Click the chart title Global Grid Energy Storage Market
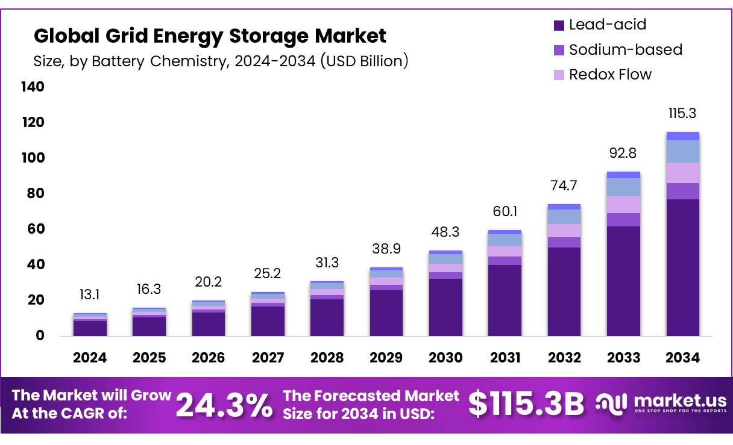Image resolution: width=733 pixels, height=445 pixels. pyautogui.click(x=209, y=36)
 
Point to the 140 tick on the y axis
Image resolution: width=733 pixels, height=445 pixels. pyautogui.click(x=33, y=87)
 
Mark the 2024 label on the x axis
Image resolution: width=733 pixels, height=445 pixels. pyautogui.click(x=90, y=358)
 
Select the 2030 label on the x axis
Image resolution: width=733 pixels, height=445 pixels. pyautogui.click(x=445, y=358)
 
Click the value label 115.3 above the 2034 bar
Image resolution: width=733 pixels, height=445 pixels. pyautogui.click(x=682, y=113)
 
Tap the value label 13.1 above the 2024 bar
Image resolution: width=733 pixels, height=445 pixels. pyautogui.click(x=90, y=294)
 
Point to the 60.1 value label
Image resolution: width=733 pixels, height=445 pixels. pyautogui.click(x=505, y=211)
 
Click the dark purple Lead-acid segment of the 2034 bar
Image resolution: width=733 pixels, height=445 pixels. pyautogui.click(x=682, y=268)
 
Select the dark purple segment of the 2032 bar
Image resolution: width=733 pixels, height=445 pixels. pyautogui.click(x=564, y=292)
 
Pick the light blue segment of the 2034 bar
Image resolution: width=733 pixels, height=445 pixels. pyautogui.click(x=682, y=151)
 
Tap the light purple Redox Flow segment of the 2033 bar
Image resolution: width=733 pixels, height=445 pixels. pyautogui.click(x=623, y=205)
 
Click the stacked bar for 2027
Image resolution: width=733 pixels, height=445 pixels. pyautogui.click(x=268, y=314)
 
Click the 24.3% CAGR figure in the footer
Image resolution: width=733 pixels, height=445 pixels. pyautogui.click(x=224, y=405)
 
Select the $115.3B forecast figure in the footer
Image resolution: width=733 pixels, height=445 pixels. pyautogui.click(x=526, y=404)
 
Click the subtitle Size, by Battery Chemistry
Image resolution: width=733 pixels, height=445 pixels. pyautogui.click(x=221, y=61)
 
